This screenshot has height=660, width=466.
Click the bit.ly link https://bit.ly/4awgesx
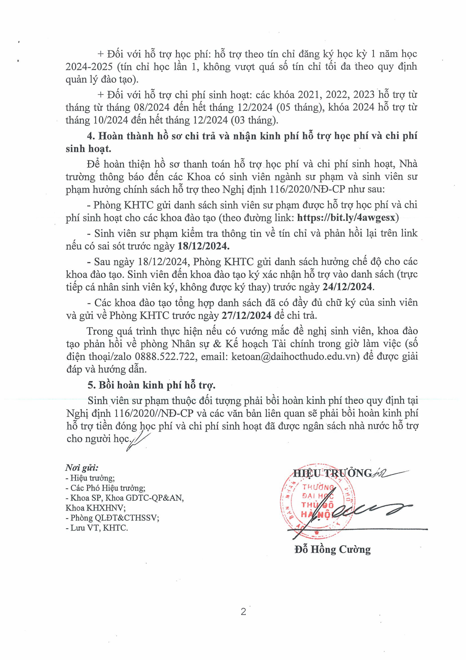(x=346, y=218)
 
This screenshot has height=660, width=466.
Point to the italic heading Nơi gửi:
(x=82, y=468)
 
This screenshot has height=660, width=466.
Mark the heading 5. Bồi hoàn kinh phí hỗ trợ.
(x=152, y=385)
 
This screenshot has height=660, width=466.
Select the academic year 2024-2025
(x=89, y=67)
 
